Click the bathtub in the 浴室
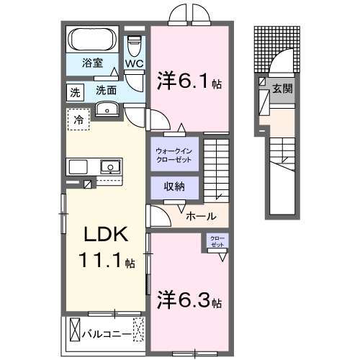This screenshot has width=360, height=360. [x=94, y=39]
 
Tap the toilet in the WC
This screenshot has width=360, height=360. [x=135, y=45]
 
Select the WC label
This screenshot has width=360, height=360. [x=135, y=63]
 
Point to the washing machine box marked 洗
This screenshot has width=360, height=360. [x=75, y=91]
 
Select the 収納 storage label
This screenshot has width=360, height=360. [x=173, y=186]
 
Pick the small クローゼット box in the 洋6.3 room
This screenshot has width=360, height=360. [x=216, y=242]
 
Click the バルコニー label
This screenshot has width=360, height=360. [x=106, y=334]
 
